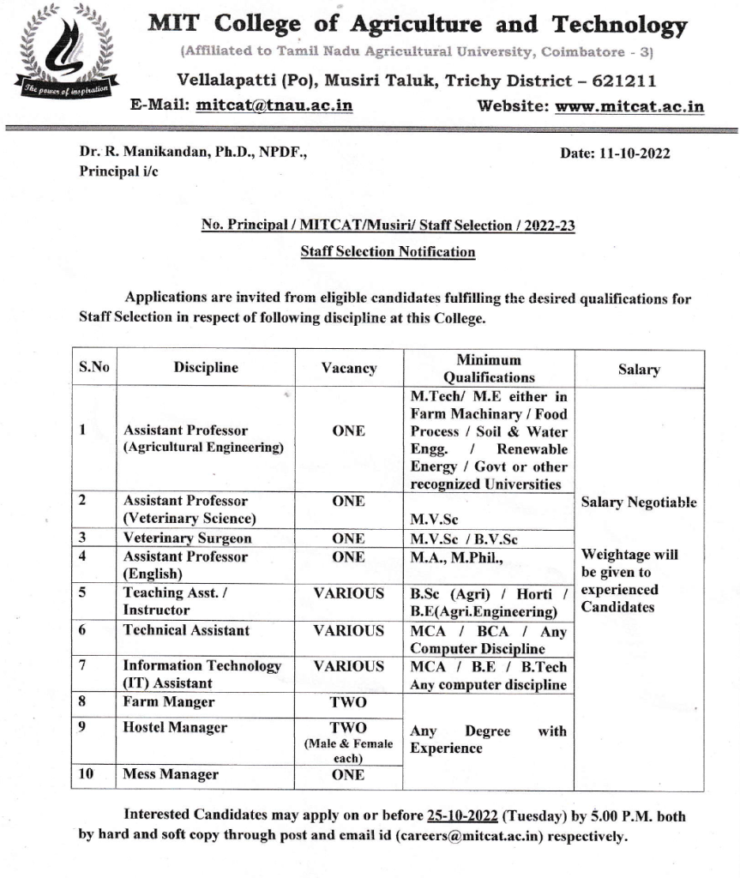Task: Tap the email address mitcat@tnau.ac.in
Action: coord(274,106)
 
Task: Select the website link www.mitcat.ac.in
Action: coord(629,107)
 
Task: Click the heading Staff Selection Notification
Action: coord(388,252)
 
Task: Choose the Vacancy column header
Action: coord(348,369)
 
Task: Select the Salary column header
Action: coord(639,370)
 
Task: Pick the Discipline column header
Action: coord(206,368)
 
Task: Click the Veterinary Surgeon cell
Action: coord(188,538)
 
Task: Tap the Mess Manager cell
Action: coord(171,774)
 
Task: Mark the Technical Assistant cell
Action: coord(186,630)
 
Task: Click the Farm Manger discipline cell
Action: coord(169,702)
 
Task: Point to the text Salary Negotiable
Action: coord(639,503)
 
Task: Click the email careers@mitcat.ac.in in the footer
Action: coord(469,836)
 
